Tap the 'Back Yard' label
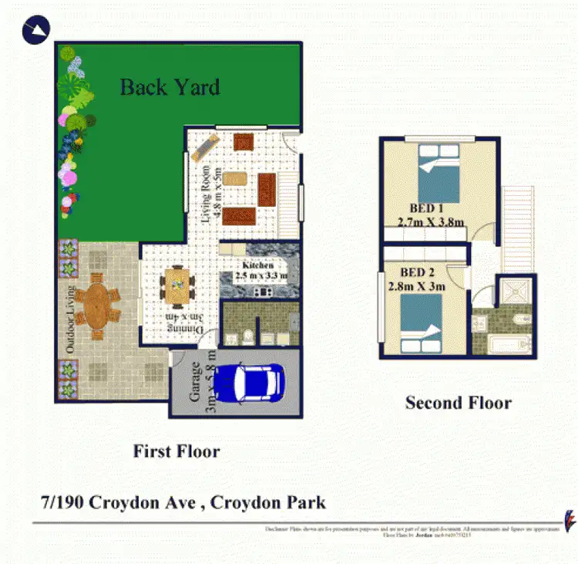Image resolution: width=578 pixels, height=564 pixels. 170,86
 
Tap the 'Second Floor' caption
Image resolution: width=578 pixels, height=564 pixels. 458,402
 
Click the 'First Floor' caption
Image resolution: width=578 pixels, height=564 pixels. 176,451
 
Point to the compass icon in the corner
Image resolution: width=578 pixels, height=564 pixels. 37,31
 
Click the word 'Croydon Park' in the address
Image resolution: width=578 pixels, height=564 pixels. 270,502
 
